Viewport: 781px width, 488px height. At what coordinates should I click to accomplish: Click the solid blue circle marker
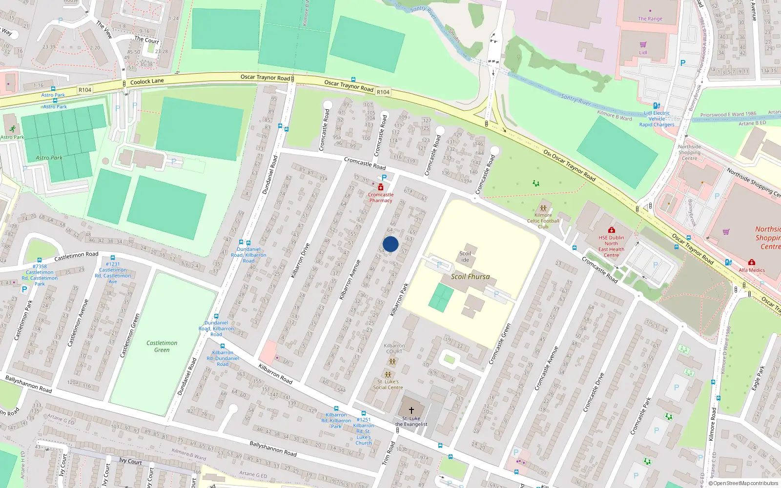tap(390, 244)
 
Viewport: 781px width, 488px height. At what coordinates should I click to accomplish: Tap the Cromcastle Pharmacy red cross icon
tap(381, 187)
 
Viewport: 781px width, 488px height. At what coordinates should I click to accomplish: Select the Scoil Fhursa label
tap(470, 277)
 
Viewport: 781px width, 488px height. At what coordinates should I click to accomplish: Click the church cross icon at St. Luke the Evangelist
tap(411, 410)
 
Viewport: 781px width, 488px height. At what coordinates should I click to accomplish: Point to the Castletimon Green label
tap(162, 346)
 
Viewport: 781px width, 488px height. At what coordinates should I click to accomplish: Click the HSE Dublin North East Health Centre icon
tap(611, 230)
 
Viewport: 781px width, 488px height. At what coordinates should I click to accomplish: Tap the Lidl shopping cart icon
tap(643, 45)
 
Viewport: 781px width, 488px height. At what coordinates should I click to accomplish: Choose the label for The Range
tap(650, 19)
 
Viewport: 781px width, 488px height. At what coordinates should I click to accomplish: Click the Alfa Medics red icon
tap(752, 263)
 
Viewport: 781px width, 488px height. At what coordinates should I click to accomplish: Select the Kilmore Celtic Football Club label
tap(543, 221)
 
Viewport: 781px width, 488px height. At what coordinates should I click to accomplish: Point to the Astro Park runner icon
tap(12, 129)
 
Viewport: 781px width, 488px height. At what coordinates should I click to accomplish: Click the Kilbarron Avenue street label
tap(349, 279)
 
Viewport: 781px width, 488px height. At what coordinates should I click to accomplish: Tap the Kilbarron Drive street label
tap(300, 261)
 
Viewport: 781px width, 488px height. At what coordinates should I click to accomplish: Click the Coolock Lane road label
tap(147, 81)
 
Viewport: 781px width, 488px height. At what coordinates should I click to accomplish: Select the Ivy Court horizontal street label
tap(130, 461)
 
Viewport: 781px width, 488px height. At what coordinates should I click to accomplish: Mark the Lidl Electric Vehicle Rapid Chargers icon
tap(657, 105)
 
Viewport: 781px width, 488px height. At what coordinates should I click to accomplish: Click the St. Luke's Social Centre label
tap(388, 385)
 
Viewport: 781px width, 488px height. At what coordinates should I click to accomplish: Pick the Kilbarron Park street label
tap(399, 300)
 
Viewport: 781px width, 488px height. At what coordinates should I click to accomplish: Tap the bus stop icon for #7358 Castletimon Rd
tap(40, 261)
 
